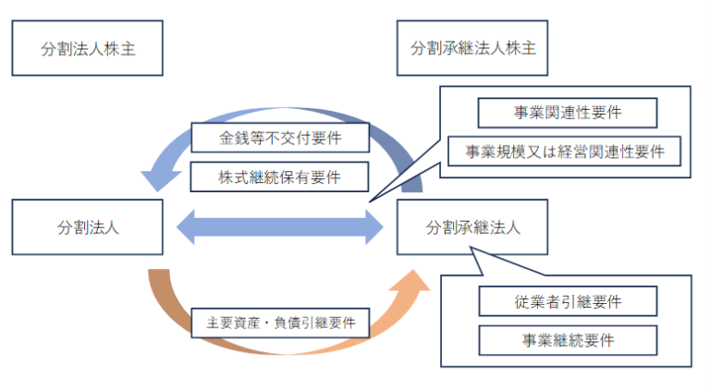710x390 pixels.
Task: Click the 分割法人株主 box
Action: tap(88, 48)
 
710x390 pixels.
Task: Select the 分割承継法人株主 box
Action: tap(472, 48)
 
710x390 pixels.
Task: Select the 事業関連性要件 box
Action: tap(567, 113)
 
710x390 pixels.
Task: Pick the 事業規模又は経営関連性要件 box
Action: tap(564, 151)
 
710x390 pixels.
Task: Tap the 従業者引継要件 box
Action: tap(568, 300)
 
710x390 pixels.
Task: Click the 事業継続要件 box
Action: tap(568, 339)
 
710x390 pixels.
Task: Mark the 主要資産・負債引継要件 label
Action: tap(280, 324)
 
